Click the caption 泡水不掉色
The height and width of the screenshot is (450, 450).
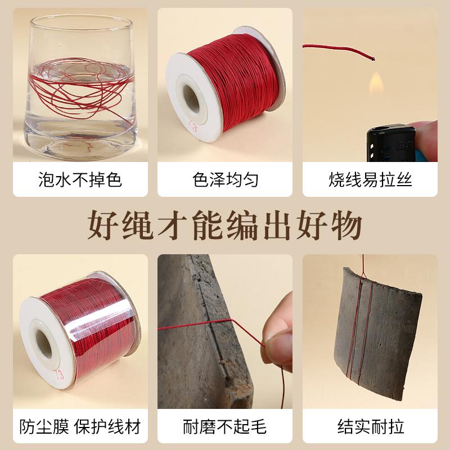pos(80,179)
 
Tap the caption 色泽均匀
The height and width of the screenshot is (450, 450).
pos(225,179)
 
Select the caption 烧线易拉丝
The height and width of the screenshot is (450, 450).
pos(370,179)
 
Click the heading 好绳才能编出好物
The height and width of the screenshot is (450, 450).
pos(225,226)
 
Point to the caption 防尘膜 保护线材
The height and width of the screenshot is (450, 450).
pos(80,426)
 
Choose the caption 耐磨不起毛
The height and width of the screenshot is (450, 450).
pos(225,426)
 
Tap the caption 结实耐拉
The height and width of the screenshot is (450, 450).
pos(370,426)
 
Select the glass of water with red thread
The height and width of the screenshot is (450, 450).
pos(79,84)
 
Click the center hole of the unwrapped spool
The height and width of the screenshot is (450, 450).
pos(190,100)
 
